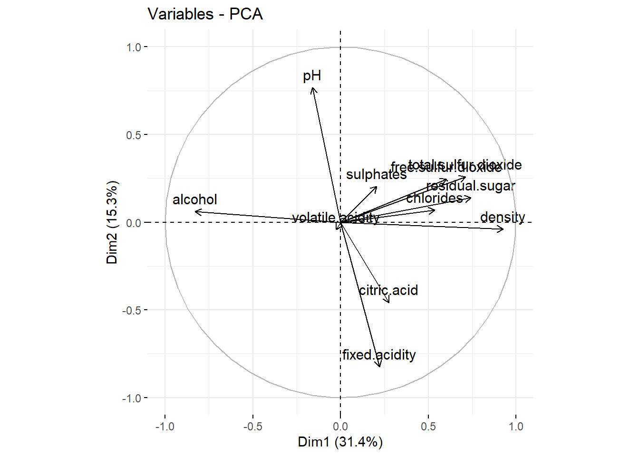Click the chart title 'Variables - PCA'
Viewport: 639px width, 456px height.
tap(205, 14)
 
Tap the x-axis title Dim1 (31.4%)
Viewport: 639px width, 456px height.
tap(340, 442)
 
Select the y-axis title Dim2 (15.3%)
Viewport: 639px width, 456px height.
tap(112, 222)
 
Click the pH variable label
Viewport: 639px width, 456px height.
tap(312, 76)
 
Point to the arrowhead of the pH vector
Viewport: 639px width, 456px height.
tap(312, 88)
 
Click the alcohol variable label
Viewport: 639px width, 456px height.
tap(194, 199)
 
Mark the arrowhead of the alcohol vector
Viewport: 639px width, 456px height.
tap(195, 212)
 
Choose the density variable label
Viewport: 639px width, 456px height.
tap(503, 217)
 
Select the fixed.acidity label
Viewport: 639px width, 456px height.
tap(379, 355)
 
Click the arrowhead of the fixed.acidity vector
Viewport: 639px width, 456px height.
tap(380, 367)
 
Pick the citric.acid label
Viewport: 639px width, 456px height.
tap(388, 290)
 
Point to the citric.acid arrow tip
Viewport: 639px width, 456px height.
tap(389, 303)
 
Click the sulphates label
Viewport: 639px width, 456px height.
tap(376, 174)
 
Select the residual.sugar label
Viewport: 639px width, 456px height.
tap(471, 186)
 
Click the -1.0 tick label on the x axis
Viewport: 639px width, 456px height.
tap(165, 427)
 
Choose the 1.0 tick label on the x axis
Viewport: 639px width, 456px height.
tap(516, 427)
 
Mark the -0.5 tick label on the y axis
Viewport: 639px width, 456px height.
tap(132, 310)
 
